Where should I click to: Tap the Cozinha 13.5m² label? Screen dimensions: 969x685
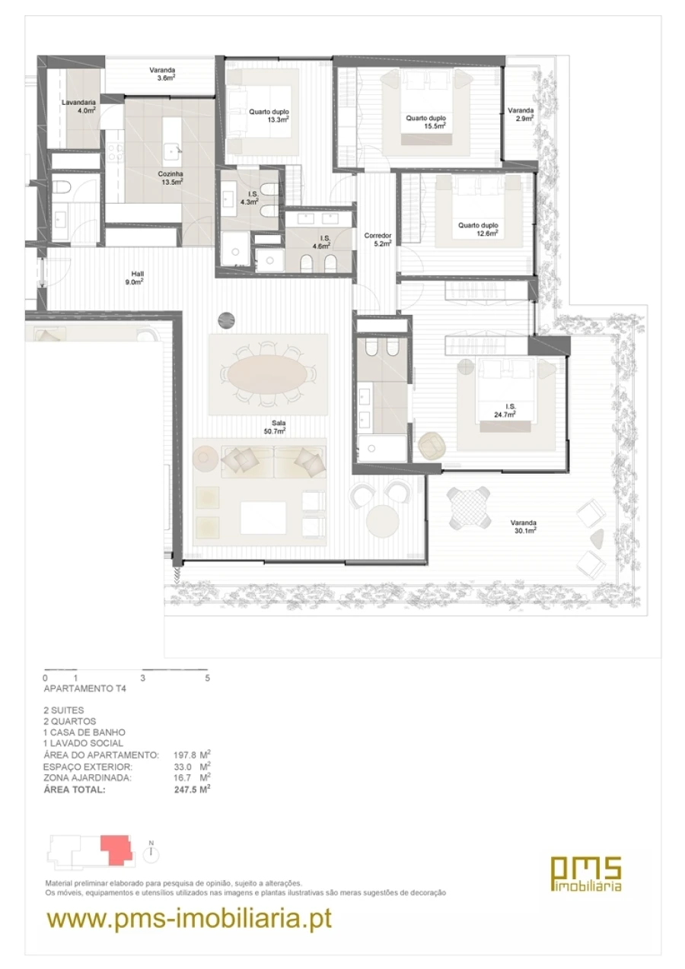170,177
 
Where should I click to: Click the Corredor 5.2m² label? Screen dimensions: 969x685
378,239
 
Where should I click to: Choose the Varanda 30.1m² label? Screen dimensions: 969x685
524,526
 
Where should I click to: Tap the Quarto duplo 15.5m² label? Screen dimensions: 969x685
425,122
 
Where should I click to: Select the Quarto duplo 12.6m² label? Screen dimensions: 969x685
477,229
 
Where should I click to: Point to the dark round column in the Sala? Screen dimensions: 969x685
227,321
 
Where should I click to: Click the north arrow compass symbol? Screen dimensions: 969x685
152,853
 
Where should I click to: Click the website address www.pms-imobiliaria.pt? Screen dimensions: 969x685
190,918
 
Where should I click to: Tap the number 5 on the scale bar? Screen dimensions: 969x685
207,677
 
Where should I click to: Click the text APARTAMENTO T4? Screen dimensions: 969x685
84,689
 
